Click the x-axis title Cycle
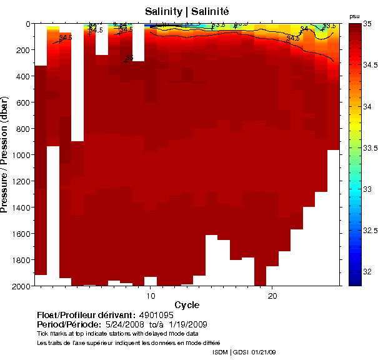click(187, 304)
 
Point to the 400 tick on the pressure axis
click(23, 76)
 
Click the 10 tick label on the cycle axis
click(151, 294)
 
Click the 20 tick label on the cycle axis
click(272, 294)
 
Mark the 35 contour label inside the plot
click(129, 58)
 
